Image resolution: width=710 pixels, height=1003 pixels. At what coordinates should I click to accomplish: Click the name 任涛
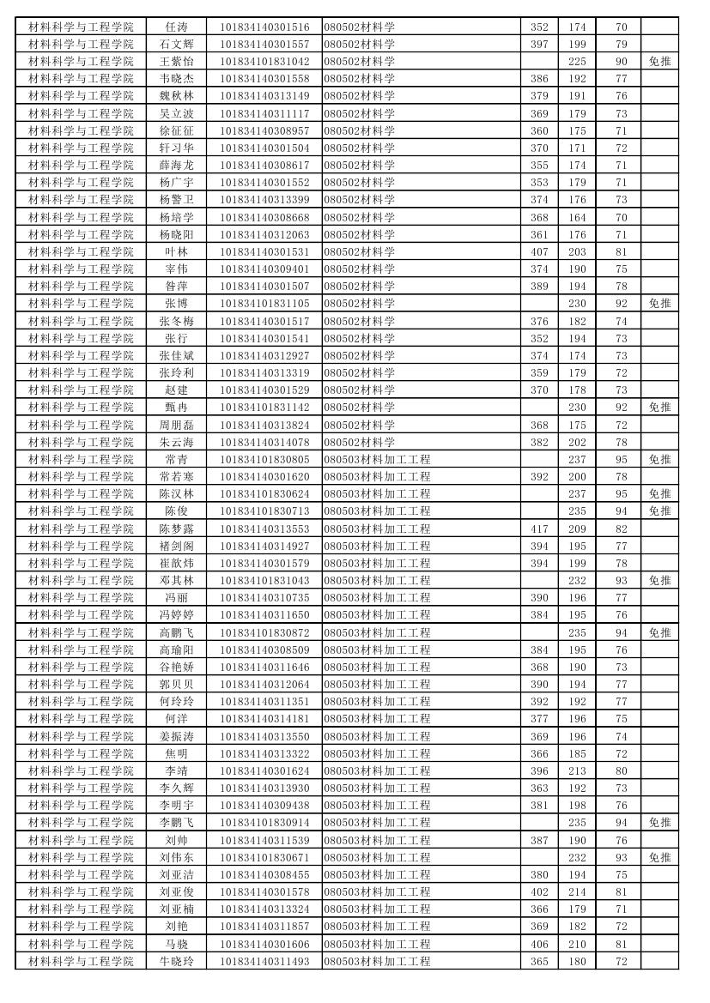[176, 27]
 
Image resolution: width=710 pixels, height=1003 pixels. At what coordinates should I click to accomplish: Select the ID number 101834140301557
[264, 44]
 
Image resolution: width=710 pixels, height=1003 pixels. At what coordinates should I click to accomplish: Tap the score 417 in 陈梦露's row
[538, 529]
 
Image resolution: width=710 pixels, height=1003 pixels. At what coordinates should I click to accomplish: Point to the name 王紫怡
[176, 61]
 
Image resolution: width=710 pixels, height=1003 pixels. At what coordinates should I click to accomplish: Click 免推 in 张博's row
[659, 303]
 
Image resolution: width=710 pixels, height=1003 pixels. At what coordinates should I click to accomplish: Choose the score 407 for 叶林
[538, 251]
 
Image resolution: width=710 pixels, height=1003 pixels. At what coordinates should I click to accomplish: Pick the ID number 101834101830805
[264, 459]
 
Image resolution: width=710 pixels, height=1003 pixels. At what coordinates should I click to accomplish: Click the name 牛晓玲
[176, 961]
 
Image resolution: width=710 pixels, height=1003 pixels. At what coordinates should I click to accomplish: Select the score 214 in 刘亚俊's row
[577, 891]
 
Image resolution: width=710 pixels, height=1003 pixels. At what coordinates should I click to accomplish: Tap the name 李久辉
[176, 788]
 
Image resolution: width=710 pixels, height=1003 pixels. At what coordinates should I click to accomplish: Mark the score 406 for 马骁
[538, 944]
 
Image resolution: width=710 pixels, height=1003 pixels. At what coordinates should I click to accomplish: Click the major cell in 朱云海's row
[360, 442]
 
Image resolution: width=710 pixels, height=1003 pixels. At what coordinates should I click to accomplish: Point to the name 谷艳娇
[176, 667]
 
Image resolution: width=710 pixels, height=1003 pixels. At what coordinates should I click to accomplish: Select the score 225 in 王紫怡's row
[577, 61]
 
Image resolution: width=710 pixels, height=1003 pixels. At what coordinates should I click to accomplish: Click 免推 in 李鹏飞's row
[659, 822]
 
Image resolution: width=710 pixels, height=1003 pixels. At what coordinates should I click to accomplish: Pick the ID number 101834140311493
[264, 961]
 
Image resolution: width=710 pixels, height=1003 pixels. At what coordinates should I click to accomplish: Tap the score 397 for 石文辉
[538, 44]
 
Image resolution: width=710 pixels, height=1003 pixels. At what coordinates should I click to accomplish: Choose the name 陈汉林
[176, 493]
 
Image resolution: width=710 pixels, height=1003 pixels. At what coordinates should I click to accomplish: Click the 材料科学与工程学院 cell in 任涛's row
[81, 27]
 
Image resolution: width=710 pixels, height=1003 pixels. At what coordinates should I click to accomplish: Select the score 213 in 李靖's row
[577, 770]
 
